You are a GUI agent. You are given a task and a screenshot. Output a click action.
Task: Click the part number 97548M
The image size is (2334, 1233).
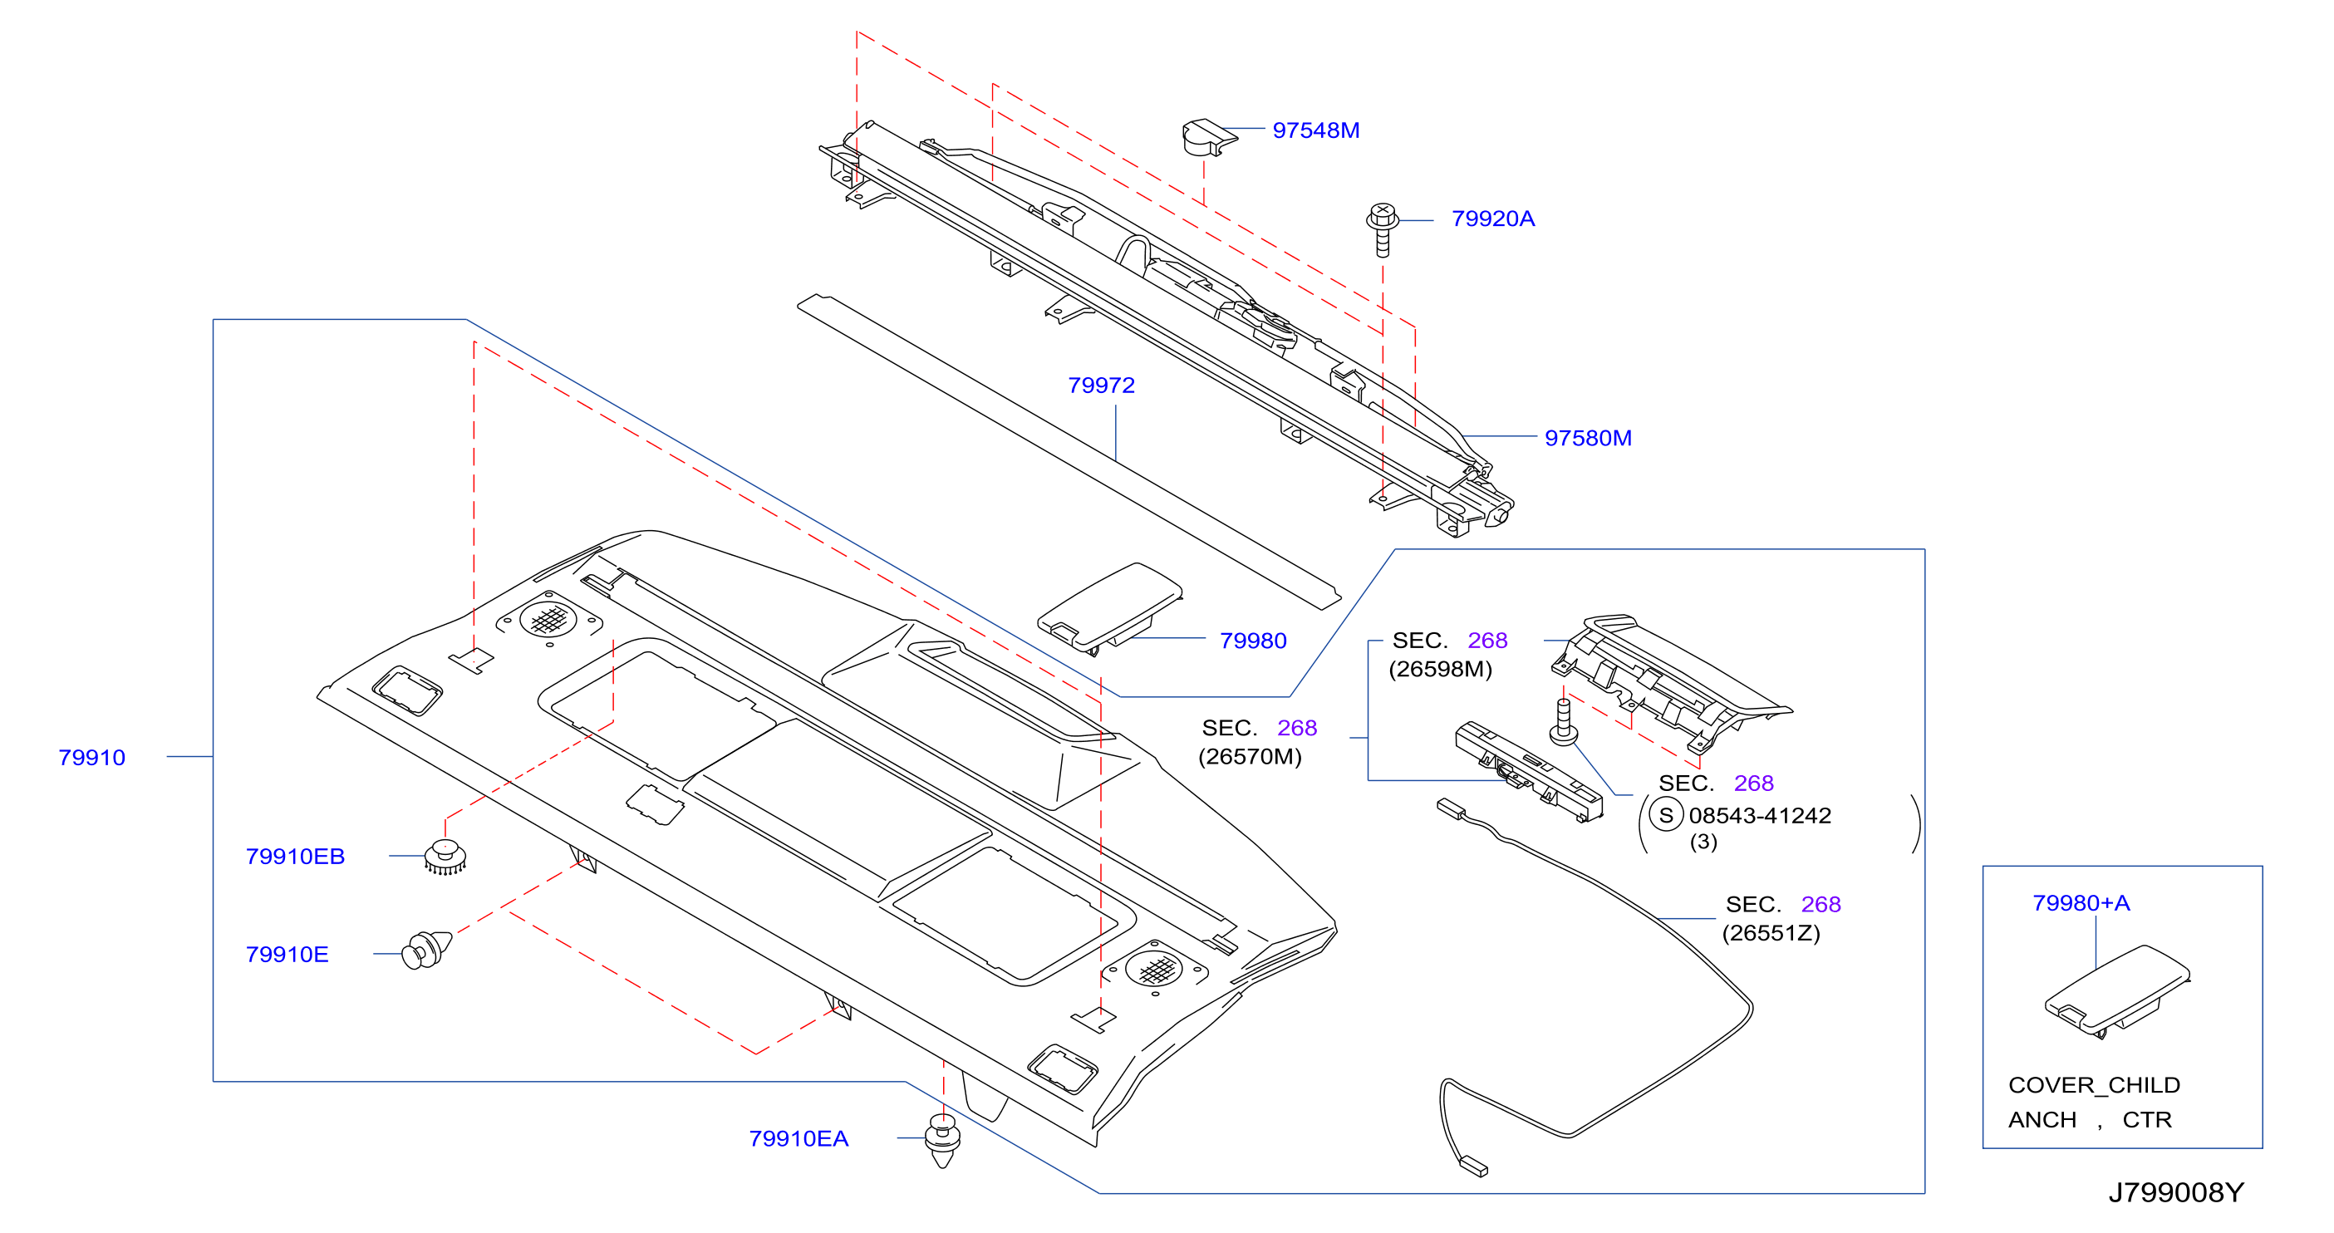click(x=1315, y=130)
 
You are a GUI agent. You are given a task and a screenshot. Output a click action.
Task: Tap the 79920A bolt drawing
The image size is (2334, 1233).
click(x=1383, y=229)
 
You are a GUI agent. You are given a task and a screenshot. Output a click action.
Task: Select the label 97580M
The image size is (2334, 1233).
click(x=1587, y=439)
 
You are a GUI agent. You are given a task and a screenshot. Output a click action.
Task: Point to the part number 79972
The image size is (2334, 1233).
click(x=1101, y=386)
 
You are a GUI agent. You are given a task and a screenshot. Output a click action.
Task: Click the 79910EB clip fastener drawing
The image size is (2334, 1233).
click(x=445, y=857)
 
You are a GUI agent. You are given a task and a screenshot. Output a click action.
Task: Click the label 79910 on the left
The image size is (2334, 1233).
click(x=91, y=758)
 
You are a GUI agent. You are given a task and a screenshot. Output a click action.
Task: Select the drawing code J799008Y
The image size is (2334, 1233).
click(x=2175, y=1192)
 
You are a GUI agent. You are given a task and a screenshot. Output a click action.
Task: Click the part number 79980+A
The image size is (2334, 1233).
click(x=2081, y=903)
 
